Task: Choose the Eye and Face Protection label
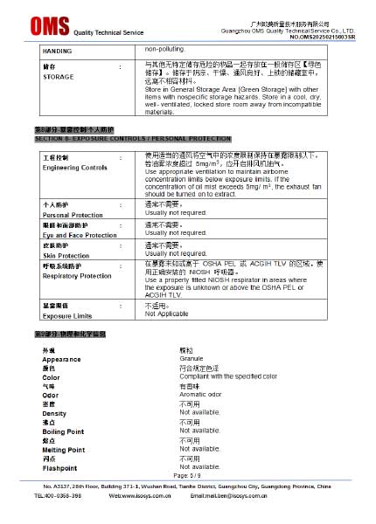coord(80,235)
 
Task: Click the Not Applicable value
coord(166,314)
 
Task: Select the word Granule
coord(191,358)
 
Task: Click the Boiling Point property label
coord(63,431)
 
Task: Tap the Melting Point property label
coord(64,450)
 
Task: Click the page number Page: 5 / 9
coord(188,475)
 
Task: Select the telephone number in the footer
coord(58,495)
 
